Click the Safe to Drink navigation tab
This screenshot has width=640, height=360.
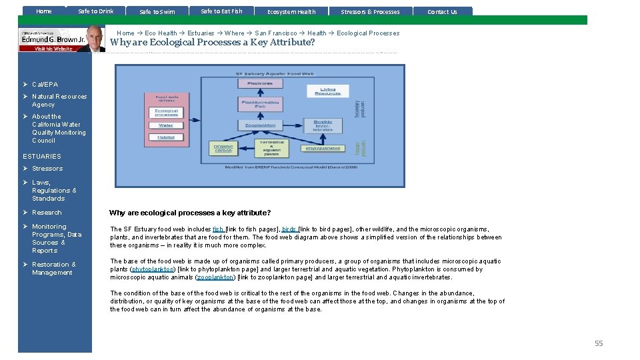point(96,11)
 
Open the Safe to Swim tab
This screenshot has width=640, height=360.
point(157,11)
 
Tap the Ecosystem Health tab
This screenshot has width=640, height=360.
point(291,11)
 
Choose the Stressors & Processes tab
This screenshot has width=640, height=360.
point(370,11)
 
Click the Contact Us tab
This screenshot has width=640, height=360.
point(442,11)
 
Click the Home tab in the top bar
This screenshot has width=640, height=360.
point(44,11)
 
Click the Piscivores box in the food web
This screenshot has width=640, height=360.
point(260,83)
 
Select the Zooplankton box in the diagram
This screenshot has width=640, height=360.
point(260,125)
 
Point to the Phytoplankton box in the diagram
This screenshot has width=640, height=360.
point(323,149)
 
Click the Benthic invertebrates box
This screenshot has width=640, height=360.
point(323,125)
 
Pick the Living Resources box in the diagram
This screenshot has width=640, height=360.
point(327,89)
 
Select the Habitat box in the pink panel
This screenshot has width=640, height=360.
point(166,137)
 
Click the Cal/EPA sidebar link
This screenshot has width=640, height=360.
point(45,85)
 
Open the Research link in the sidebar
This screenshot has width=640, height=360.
point(47,213)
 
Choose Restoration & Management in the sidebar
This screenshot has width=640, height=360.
point(53,269)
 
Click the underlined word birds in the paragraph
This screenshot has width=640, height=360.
point(289,229)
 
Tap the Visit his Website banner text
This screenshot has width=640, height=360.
point(53,49)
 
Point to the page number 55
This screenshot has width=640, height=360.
point(599,343)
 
